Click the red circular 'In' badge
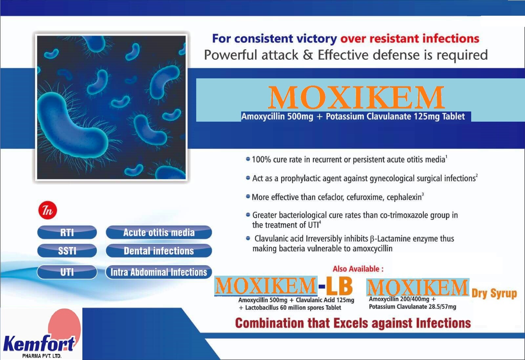[48, 210]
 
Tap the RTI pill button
[67, 232]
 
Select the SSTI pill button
[67, 250]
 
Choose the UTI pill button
[67, 272]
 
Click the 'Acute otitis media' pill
[159, 232]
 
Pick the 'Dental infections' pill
[159, 250]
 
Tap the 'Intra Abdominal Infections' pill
[159, 272]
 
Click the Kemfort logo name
[39, 344]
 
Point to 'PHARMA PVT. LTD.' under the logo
[42, 356]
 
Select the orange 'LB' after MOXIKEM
[339, 286]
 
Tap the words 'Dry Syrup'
[494, 294]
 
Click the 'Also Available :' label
[358, 269]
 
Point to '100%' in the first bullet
[261, 159]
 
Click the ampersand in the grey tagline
[308, 55]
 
